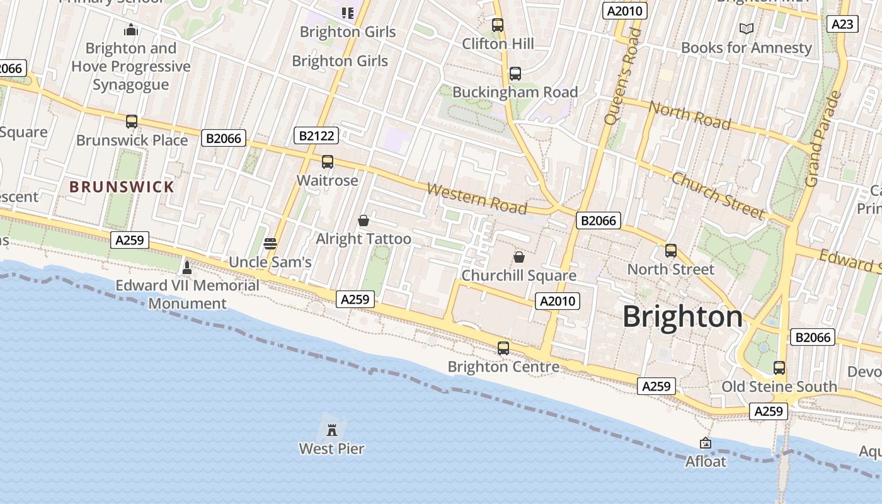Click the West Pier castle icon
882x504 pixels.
(332, 430)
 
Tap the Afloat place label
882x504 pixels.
(706, 462)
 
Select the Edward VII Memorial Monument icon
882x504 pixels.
(186, 267)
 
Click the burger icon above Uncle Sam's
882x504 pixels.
(270, 244)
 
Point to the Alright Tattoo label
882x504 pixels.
(364, 239)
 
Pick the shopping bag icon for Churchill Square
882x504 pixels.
(519, 257)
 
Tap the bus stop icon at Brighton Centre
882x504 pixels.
(503, 348)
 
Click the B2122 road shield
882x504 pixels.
(316, 135)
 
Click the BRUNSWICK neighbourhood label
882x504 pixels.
(122, 187)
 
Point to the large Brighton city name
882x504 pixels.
(683, 317)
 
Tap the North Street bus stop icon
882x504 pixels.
(671, 251)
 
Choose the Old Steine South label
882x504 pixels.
(779, 387)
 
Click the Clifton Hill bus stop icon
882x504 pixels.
(498, 25)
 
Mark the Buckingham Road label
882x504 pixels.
(515, 92)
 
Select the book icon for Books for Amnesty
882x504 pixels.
(747, 29)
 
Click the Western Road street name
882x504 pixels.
(477, 198)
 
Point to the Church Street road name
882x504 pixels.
(718, 195)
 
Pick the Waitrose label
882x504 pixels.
(327, 181)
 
